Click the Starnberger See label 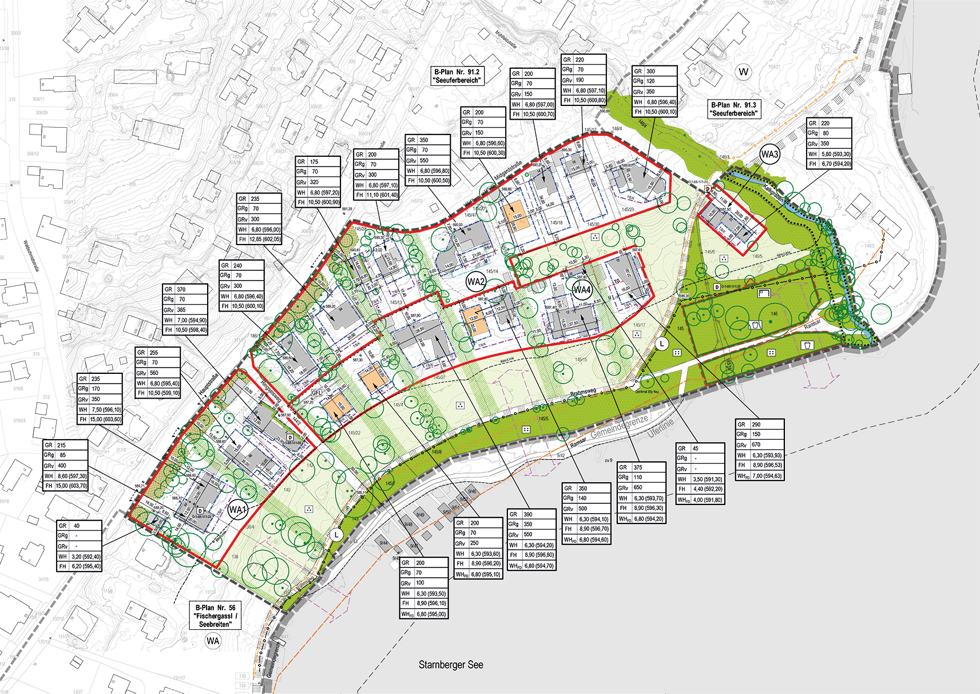pos(451,665)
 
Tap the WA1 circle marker pos(237,510)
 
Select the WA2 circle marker pos(476,282)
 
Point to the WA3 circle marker pos(770,154)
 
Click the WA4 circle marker pos(582,290)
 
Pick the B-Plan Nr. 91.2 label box pos(457,76)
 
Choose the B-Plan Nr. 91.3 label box pos(733,109)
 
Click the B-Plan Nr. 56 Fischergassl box pos(215,616)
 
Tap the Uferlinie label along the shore pos(661,428)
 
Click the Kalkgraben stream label pos(773,193)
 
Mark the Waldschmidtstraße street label pos(29,255)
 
